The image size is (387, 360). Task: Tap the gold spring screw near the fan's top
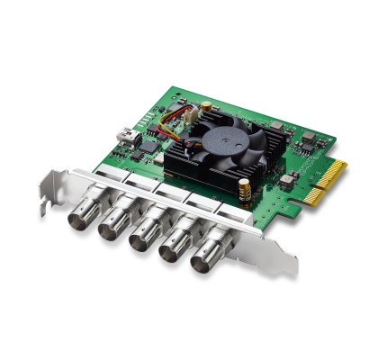pyautogui.click(x=206, y=106)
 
